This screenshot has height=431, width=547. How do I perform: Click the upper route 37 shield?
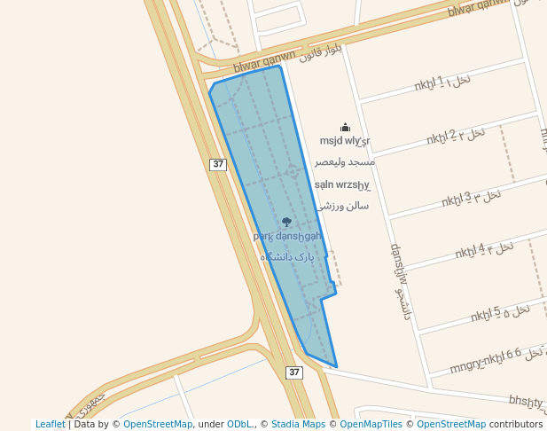coord(219,164)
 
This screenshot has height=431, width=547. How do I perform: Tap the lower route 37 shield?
coord(294,372)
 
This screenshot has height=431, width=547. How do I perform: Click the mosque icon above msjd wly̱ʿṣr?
coord(345,128)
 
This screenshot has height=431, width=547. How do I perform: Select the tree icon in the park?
coord(286,223)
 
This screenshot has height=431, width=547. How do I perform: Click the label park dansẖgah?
coord(286,236)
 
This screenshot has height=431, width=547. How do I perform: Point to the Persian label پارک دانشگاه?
coord(287,256)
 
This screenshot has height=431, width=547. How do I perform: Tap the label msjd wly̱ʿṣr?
coord(345,141)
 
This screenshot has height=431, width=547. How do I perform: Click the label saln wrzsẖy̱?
coord(342,185)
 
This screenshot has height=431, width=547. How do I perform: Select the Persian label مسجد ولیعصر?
coord(345,162)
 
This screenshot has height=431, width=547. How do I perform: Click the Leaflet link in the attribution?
coord(50,425)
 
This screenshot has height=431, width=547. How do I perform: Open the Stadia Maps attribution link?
coord(298,425)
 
